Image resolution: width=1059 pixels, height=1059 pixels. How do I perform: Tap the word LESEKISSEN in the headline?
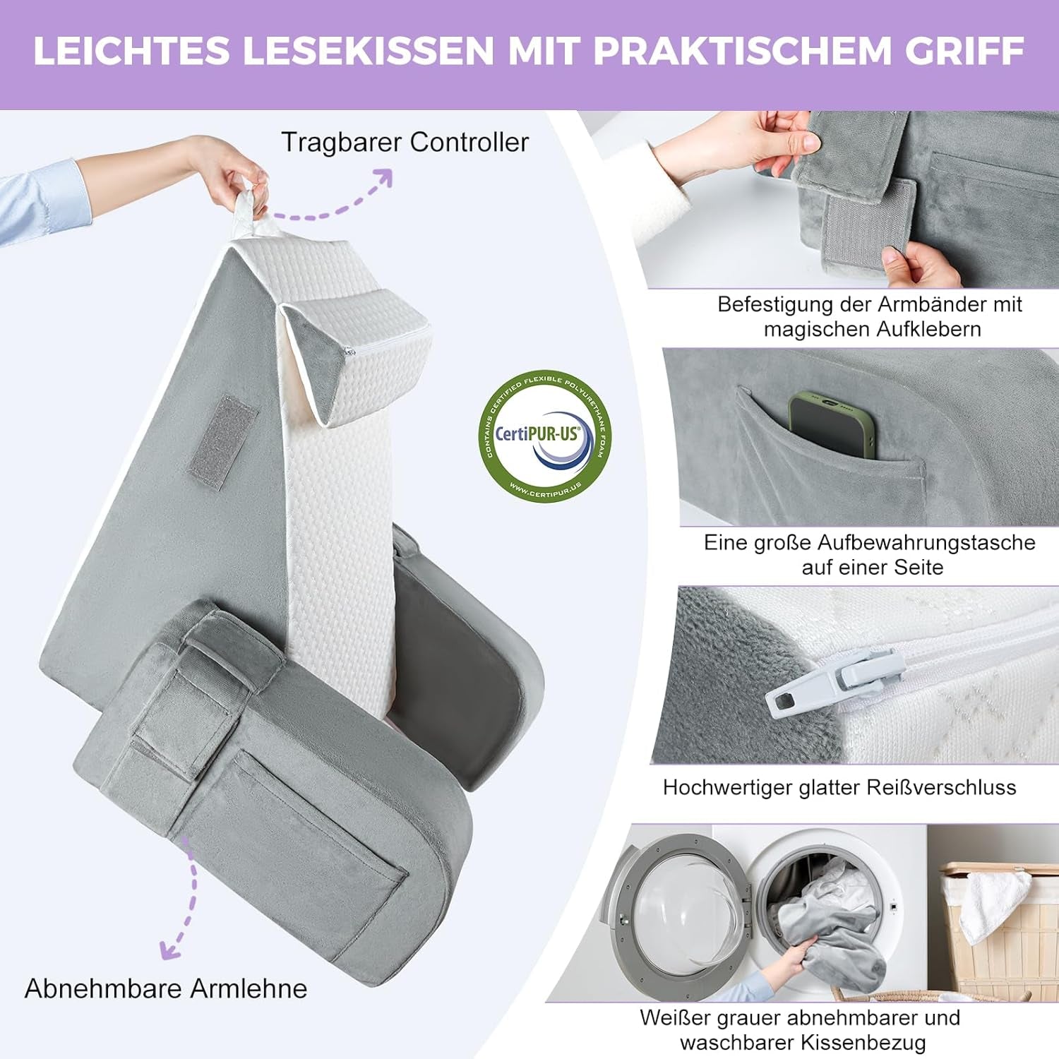pyautogui.click(x=368, y=51)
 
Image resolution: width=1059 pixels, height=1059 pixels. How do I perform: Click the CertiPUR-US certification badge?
pyautogui.click(x=544, y=436)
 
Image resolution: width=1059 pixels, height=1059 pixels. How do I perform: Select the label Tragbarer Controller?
pyautogui.click(x=405, y=143)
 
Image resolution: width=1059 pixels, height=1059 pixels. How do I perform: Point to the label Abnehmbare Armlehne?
pyautogui.click(x=166, y=988)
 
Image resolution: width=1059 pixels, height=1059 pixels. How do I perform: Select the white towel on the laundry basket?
pyautogui.click(x=996, y=904)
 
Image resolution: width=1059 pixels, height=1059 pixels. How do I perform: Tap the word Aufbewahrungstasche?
pyautogui.click(x=926, y=543)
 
